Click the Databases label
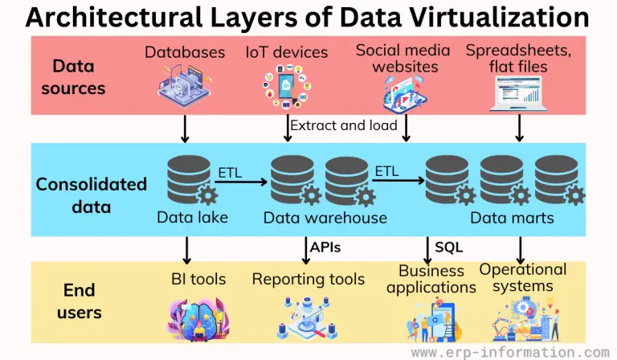[x=185, y=52]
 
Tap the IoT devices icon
[x=287, y=87]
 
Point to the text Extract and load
[x=343, y=125]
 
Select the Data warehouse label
[x=325, y=218]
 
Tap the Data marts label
[x=512, y=218]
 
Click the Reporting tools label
[x=308, y=280]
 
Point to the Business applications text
[x=431, y=279]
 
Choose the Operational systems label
[x=523, y=277]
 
